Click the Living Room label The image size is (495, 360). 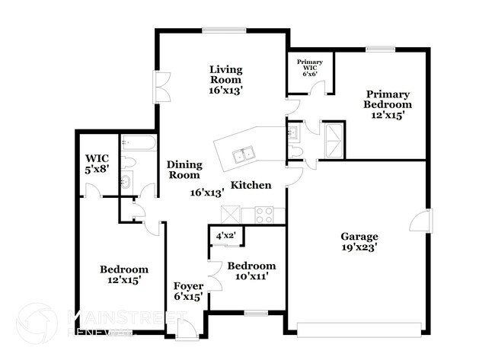click(225, 79)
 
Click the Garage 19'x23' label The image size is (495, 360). click(359, 241)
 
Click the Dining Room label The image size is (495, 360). click(184, 169)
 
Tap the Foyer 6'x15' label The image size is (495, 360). click(187, 292)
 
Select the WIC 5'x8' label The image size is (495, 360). click(97, 164)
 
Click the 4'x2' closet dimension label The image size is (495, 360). click(226, 236)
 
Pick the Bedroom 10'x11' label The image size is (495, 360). click(251, 272)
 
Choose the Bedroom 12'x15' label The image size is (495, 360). click(124, 275)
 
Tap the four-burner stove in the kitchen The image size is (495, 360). click(265, 215)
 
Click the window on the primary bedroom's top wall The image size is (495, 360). click(380, 49)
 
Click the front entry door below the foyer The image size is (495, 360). click(184, 330)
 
